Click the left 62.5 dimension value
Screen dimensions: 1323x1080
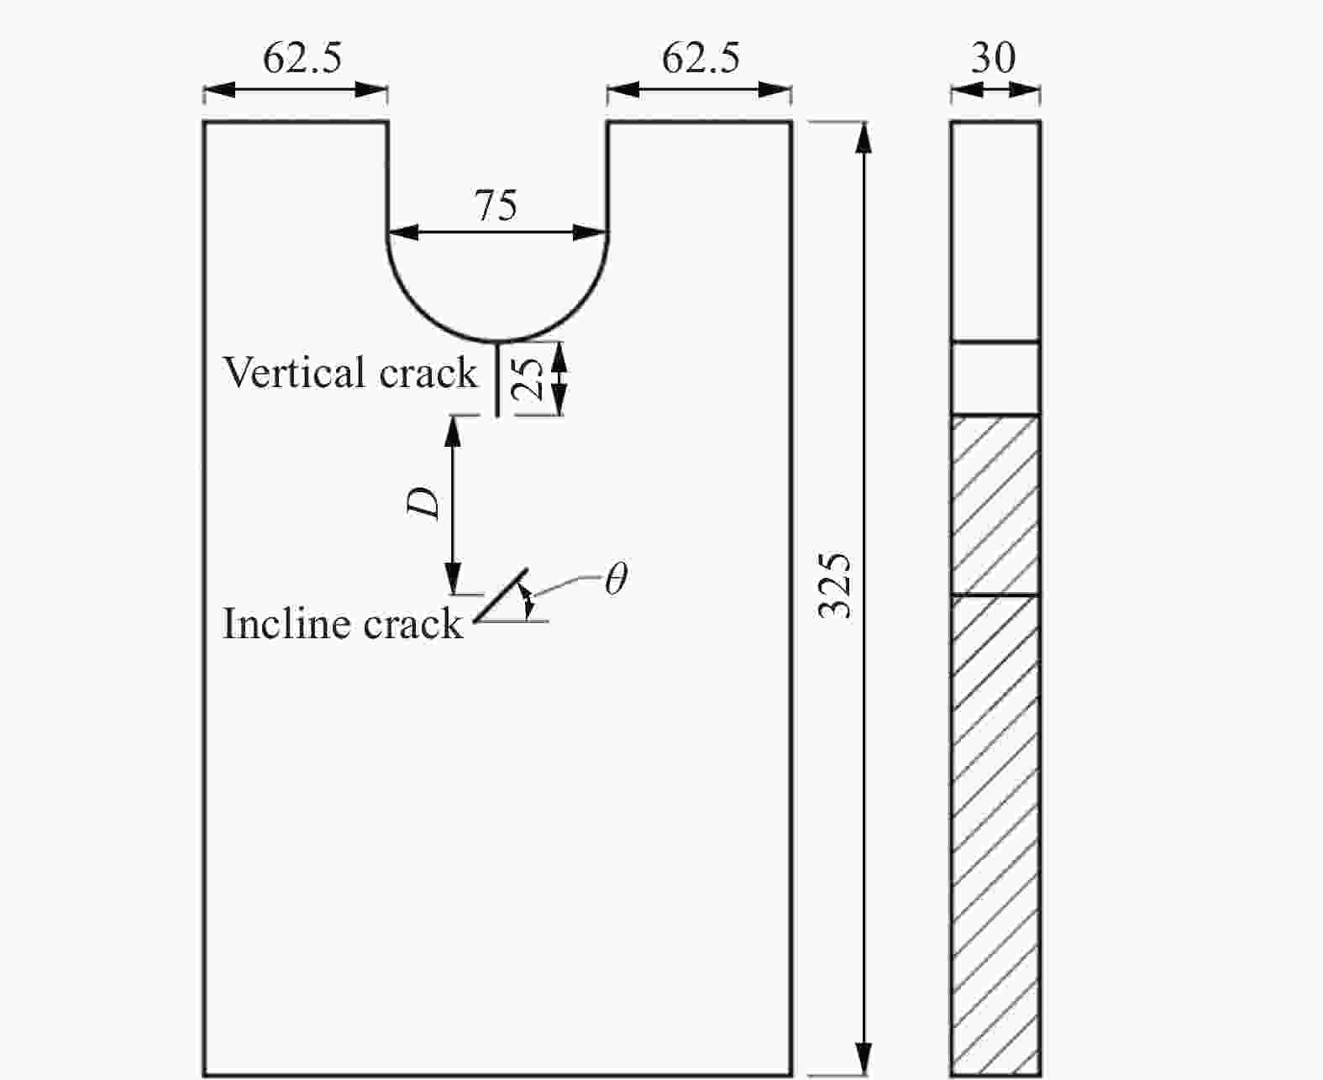click(302, 58)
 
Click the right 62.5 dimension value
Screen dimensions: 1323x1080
click(701, 58)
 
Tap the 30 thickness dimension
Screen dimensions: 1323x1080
click(994, 58)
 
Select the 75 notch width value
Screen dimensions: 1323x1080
click(496, 205)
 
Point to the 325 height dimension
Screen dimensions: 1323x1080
click(835, 586)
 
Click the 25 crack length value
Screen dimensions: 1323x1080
click(528, 379)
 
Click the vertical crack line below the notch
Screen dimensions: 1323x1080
click(497, 379)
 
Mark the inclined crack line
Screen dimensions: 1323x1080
click(501, 595)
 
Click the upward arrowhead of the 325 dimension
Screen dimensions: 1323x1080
click(864, 138)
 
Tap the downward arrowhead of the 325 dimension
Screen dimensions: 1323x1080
click(864, 1060)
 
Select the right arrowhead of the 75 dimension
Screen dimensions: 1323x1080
click(591, 233)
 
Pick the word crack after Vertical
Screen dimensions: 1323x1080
click(428, 373)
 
